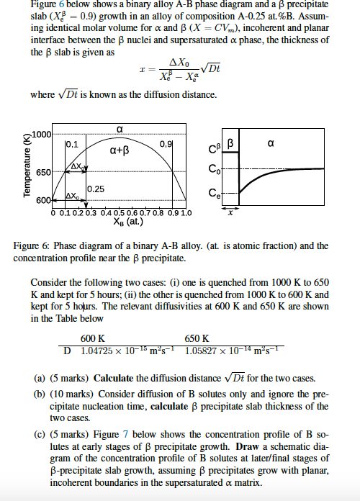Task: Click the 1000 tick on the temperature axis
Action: (x=42, y=135)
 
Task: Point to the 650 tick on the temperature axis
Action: (x=43, y=173)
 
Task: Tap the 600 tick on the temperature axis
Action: (x=44, y=199)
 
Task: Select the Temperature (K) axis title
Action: (x=27, y=168)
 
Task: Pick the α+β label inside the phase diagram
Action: (x=119, y=151)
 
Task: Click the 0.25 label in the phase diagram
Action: (x=96, y=189)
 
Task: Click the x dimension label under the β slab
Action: (x=230, y=214)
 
